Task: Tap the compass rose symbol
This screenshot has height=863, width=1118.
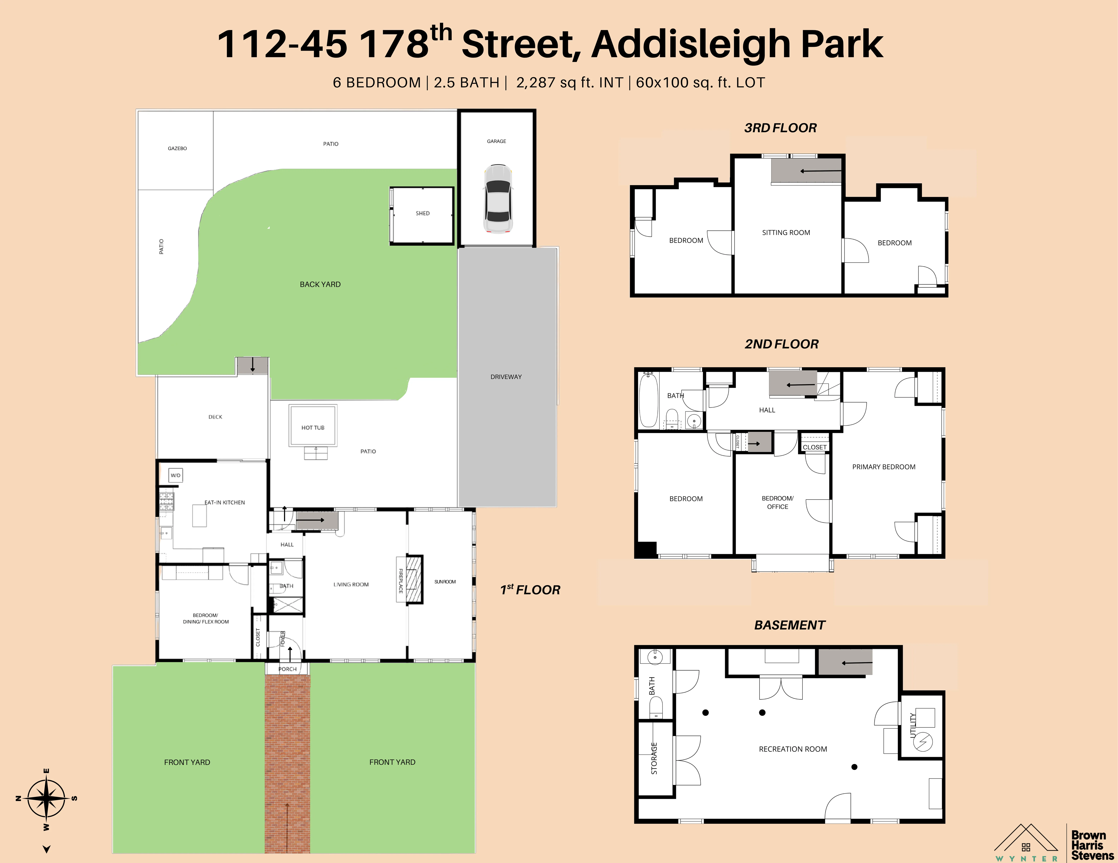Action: tap(46, 798)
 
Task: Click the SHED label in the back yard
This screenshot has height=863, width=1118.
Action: tap(422, 213)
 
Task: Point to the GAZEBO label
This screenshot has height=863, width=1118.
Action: tap(177, 148)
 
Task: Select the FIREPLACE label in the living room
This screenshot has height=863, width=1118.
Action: tap(401, 581)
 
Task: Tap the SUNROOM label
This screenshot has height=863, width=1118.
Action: tap(445, 582)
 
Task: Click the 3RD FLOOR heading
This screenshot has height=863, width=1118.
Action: tap(780, 128)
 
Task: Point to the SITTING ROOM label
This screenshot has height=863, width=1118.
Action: tap(786, 233)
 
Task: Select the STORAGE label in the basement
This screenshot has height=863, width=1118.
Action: tap(654, 758)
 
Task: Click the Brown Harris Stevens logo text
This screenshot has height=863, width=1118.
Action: tap(1092, 845)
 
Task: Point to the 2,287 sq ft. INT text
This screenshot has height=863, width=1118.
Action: tap(569, 83)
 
